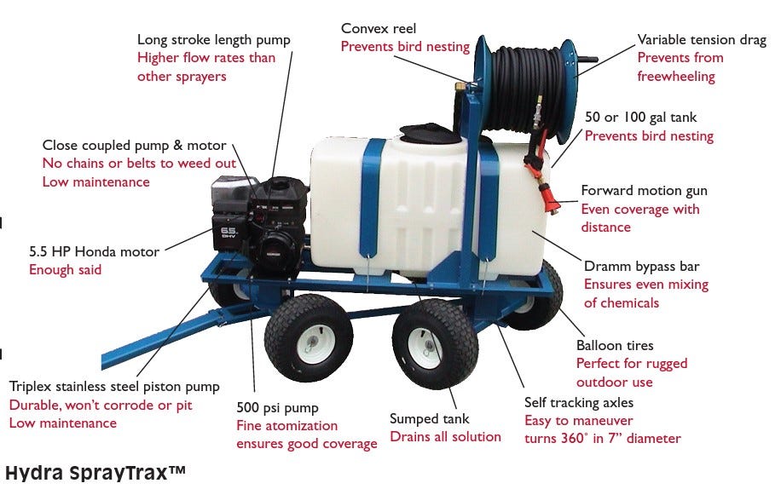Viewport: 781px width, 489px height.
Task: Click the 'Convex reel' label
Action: (x=378, y=28)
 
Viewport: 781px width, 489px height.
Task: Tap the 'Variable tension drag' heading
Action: (x=702, y=40)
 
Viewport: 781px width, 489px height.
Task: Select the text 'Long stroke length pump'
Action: (x=214, y=40)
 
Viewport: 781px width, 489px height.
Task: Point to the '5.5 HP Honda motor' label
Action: (x=94, y=251)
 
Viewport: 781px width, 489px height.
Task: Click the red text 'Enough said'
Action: (x=66, y=269)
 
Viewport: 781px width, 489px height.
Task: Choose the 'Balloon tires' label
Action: (x=615, y=345)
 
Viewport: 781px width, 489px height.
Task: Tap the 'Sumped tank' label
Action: (x=430, y=419)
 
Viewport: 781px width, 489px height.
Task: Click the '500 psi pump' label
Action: (x=277, y=408)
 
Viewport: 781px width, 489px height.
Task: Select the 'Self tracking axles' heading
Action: (x=579, y=402)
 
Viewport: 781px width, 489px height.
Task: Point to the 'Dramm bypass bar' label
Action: (x=641, y=267)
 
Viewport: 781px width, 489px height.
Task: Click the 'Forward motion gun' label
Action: (x=644, y=191)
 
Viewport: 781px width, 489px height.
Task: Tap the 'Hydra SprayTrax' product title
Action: (x=95, y=473)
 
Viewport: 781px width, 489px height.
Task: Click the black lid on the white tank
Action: (x=426, y=132)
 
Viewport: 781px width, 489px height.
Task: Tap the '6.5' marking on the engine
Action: (x=229, y=232)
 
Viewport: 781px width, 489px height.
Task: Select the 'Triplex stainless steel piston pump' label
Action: (x=114, y=387)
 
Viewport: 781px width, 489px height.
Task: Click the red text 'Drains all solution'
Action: (x=445, y=437)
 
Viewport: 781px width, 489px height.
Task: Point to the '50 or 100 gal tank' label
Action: (x=640, y=118)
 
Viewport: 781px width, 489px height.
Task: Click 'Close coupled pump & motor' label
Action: (x=135, y=146)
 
